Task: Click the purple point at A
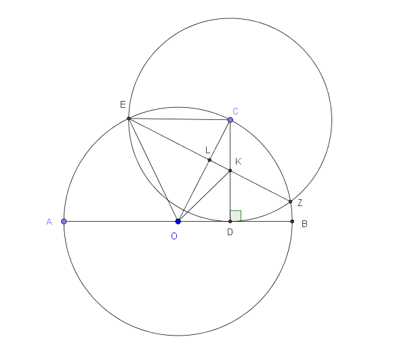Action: coord(64,222)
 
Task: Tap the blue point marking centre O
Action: coord(178,222)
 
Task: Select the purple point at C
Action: coord(230,119)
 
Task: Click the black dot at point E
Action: coord(129,119)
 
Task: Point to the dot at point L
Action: coord(209,160)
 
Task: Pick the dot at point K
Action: coord(230,171)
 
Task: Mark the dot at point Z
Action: coord(290,201)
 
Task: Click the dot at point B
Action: coord(292,222)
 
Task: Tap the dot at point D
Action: coord(230,222)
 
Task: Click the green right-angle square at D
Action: coord(236,216)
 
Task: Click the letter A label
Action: coord(49,222)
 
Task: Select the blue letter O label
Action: coord(174,236)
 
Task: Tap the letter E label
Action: coord(123,104)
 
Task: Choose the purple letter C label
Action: coord(235,111)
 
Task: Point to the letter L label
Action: coord(207,150)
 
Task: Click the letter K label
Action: coord(239,161)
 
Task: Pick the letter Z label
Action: coord(300,203)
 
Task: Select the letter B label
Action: coord(304,224)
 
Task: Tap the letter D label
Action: coord(230,233)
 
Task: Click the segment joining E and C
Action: coord(180,119)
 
